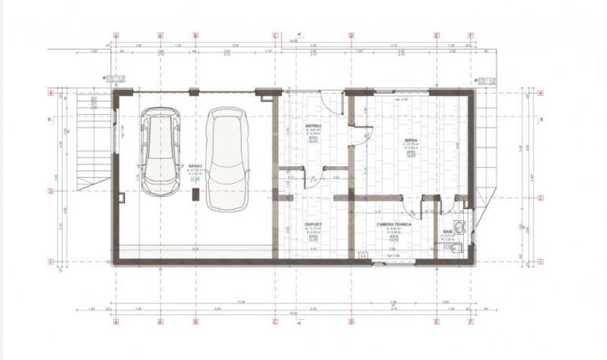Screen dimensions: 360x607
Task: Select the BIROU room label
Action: tap(409, 141)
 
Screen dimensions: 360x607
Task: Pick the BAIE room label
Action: tap(448, 231)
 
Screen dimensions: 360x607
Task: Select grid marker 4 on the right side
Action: tap(541, 94)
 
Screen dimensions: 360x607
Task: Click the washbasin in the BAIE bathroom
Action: tap(461, 227)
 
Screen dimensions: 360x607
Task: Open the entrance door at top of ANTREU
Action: tap(329, 102)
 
